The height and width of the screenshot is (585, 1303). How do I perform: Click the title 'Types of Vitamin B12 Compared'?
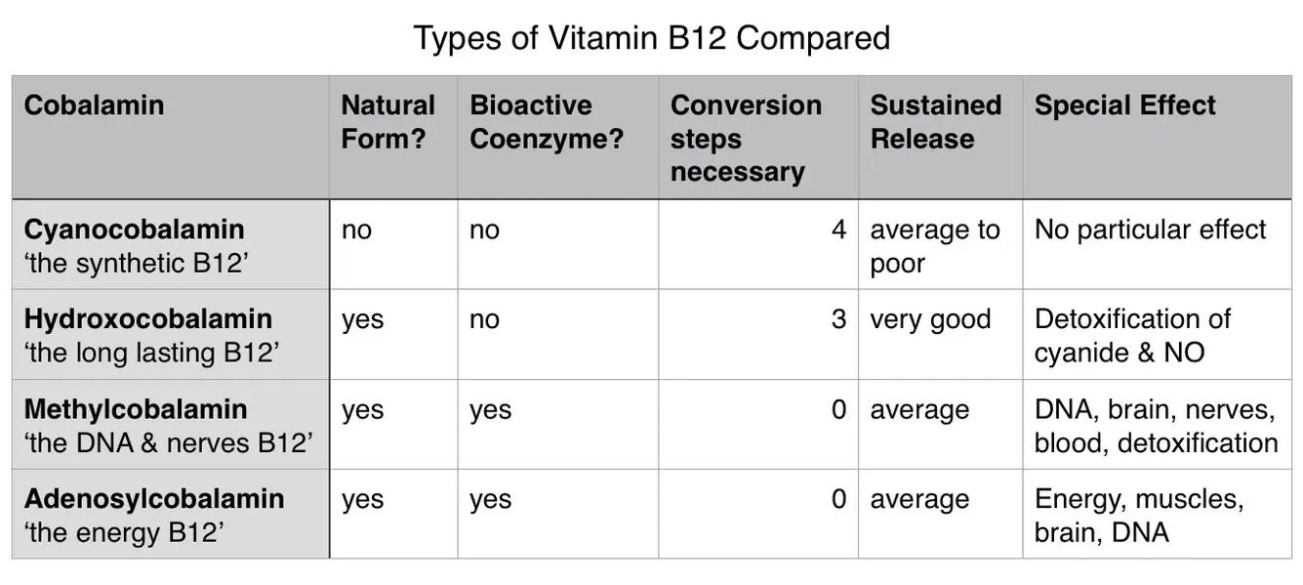coord(651,38)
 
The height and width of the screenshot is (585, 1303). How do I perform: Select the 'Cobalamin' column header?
coord(94,105)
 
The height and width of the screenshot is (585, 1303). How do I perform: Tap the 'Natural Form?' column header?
coord(387,122)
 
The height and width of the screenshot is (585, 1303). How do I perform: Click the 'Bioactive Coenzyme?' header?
coord(546,122)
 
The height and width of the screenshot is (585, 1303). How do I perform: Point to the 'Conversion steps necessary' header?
coord(746,139)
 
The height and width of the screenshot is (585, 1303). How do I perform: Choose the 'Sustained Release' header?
coord(935,122)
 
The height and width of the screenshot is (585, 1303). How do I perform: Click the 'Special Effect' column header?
coord(1124,105)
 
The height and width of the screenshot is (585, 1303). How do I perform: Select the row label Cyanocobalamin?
coord(134,230)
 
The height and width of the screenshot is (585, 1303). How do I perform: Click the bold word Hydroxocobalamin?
coord(147,319)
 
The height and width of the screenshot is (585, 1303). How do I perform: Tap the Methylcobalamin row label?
coord(136,409)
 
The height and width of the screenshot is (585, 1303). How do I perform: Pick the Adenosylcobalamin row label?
coord(154,499)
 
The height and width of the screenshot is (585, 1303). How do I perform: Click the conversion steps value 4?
coord(838,230)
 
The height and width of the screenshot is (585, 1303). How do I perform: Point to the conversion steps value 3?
coord(838,319)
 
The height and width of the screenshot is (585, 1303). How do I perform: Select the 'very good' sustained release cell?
coord(930,319)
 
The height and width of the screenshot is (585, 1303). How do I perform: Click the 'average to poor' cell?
coord(934,246)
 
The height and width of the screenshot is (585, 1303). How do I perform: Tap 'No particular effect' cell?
coord(1150,230)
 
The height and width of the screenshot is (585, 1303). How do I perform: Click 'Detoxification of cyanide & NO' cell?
coord(1132,336)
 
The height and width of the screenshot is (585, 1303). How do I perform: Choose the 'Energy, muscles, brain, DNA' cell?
coord(1138,516)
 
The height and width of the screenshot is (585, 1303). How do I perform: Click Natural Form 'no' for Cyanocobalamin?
coord(356,230)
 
